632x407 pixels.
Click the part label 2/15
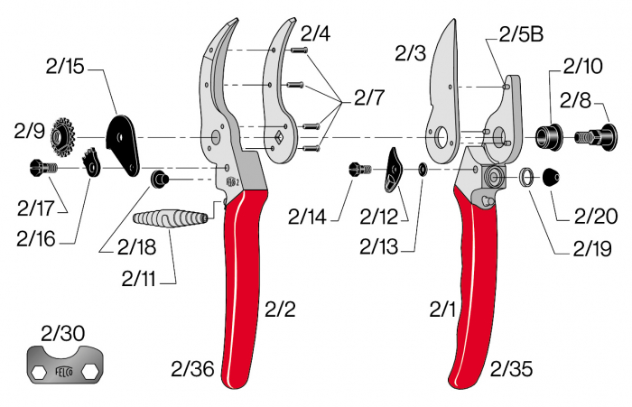pos(64,66)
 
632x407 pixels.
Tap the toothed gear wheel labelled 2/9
pos(62,136)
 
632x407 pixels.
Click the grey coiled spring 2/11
pos(171,218)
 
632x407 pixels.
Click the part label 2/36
pos(193,368)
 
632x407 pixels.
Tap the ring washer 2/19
pos(525,178)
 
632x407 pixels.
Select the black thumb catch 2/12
pos(395,169)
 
